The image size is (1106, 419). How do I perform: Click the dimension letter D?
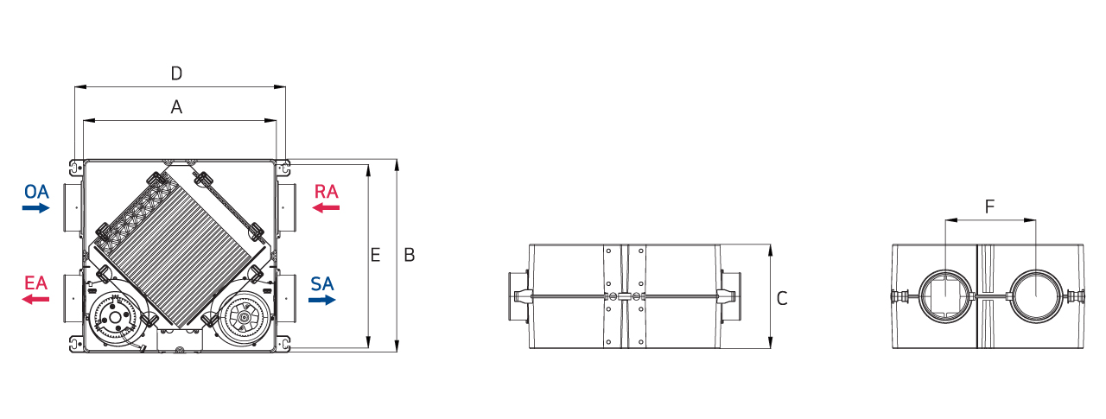tap(176, 73)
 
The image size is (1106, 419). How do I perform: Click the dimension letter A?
tap(176, 107)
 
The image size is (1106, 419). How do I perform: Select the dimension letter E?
tap(375, 255)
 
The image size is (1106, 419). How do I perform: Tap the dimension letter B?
tap(410, 255)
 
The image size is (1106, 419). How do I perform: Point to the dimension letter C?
tap(782, 299)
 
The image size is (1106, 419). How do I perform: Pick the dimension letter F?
tap(989, 206)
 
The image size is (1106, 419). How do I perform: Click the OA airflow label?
tap(36, 192)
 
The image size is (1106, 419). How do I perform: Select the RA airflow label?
tap(327, 192)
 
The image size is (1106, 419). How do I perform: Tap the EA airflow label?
tap(35, 283)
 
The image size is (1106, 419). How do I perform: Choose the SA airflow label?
tap(322, 283)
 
